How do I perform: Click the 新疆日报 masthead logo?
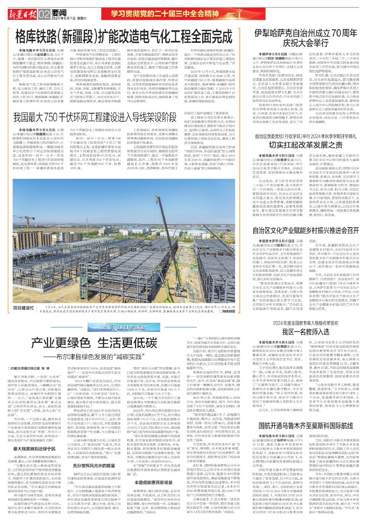click(x=23, y=15)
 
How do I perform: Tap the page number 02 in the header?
click(x=44, y=15)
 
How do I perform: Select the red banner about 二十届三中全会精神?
click(x=165, y=14)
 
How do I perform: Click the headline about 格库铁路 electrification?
click(x=123, y=37)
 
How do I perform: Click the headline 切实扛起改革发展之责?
click(x=306, y=145)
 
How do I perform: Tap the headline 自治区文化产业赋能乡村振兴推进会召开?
click(x=306, y=230)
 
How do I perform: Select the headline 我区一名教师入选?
click(x=306, y=332)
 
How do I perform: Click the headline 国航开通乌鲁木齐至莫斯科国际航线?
click(x=306, y=426)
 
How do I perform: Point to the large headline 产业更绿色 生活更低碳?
click(x=94, y=343)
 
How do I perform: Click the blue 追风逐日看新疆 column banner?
click(x=118, y=327)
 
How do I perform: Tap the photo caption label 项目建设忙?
click(x=23, y=308)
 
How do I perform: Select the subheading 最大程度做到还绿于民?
click(x=34, y=449)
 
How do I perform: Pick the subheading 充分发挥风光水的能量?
click(x=94, y=466)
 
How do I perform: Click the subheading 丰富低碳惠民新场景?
click(x=153, y=482)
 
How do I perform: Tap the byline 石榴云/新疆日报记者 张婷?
click(x=29, y=369)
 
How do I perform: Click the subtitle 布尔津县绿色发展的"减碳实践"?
click(x=94, y=357)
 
